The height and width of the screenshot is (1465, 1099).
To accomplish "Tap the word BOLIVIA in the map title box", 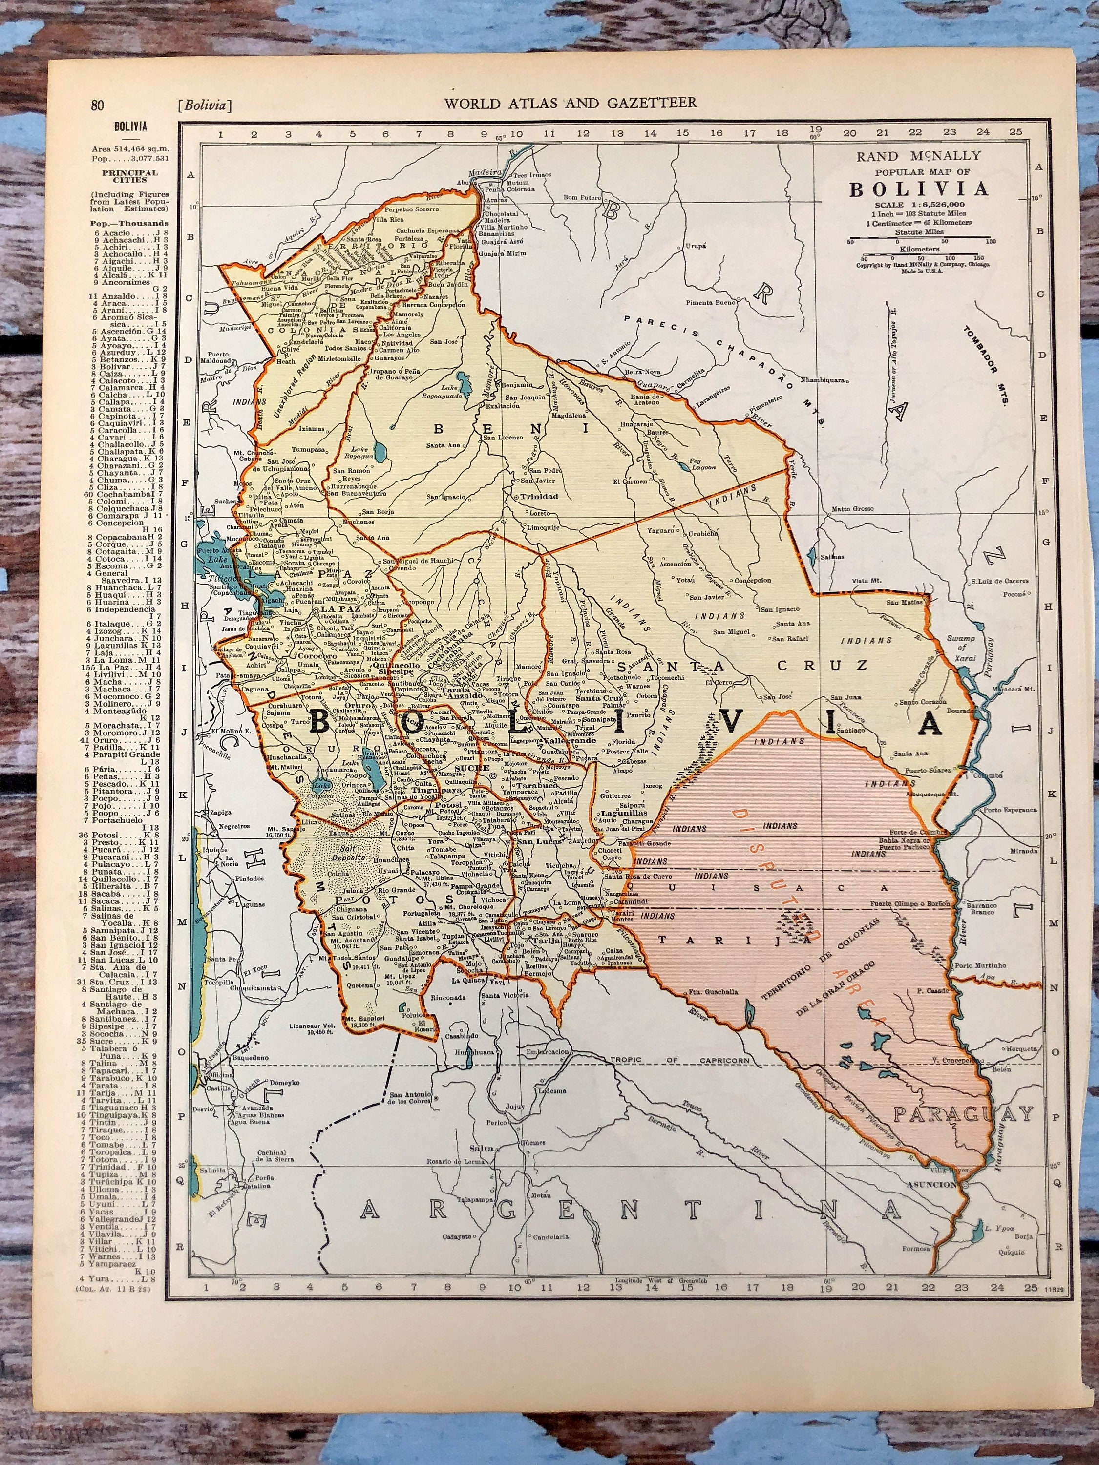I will (x=919, y=189).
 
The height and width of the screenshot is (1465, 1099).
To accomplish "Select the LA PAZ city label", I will (x=340, y=607).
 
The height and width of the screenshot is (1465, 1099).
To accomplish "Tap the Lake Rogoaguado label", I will (x=448, y=393).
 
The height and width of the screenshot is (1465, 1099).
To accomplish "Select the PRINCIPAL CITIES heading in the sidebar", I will (x=130, y=176).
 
